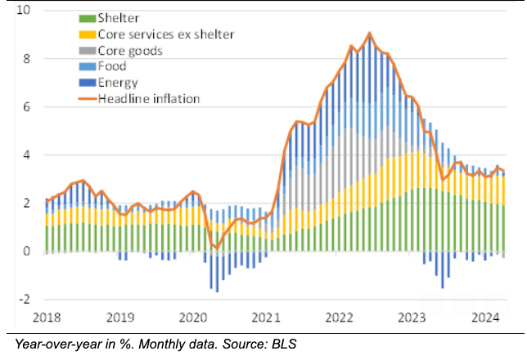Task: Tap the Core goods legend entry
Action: point(129,51)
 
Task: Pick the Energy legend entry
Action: point(117,83)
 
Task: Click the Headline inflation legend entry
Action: point(147,99)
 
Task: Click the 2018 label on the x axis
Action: point(48,317)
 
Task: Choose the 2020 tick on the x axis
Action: point(192,317)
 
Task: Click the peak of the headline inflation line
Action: point(370,34)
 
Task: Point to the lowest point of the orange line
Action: point(217,247)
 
